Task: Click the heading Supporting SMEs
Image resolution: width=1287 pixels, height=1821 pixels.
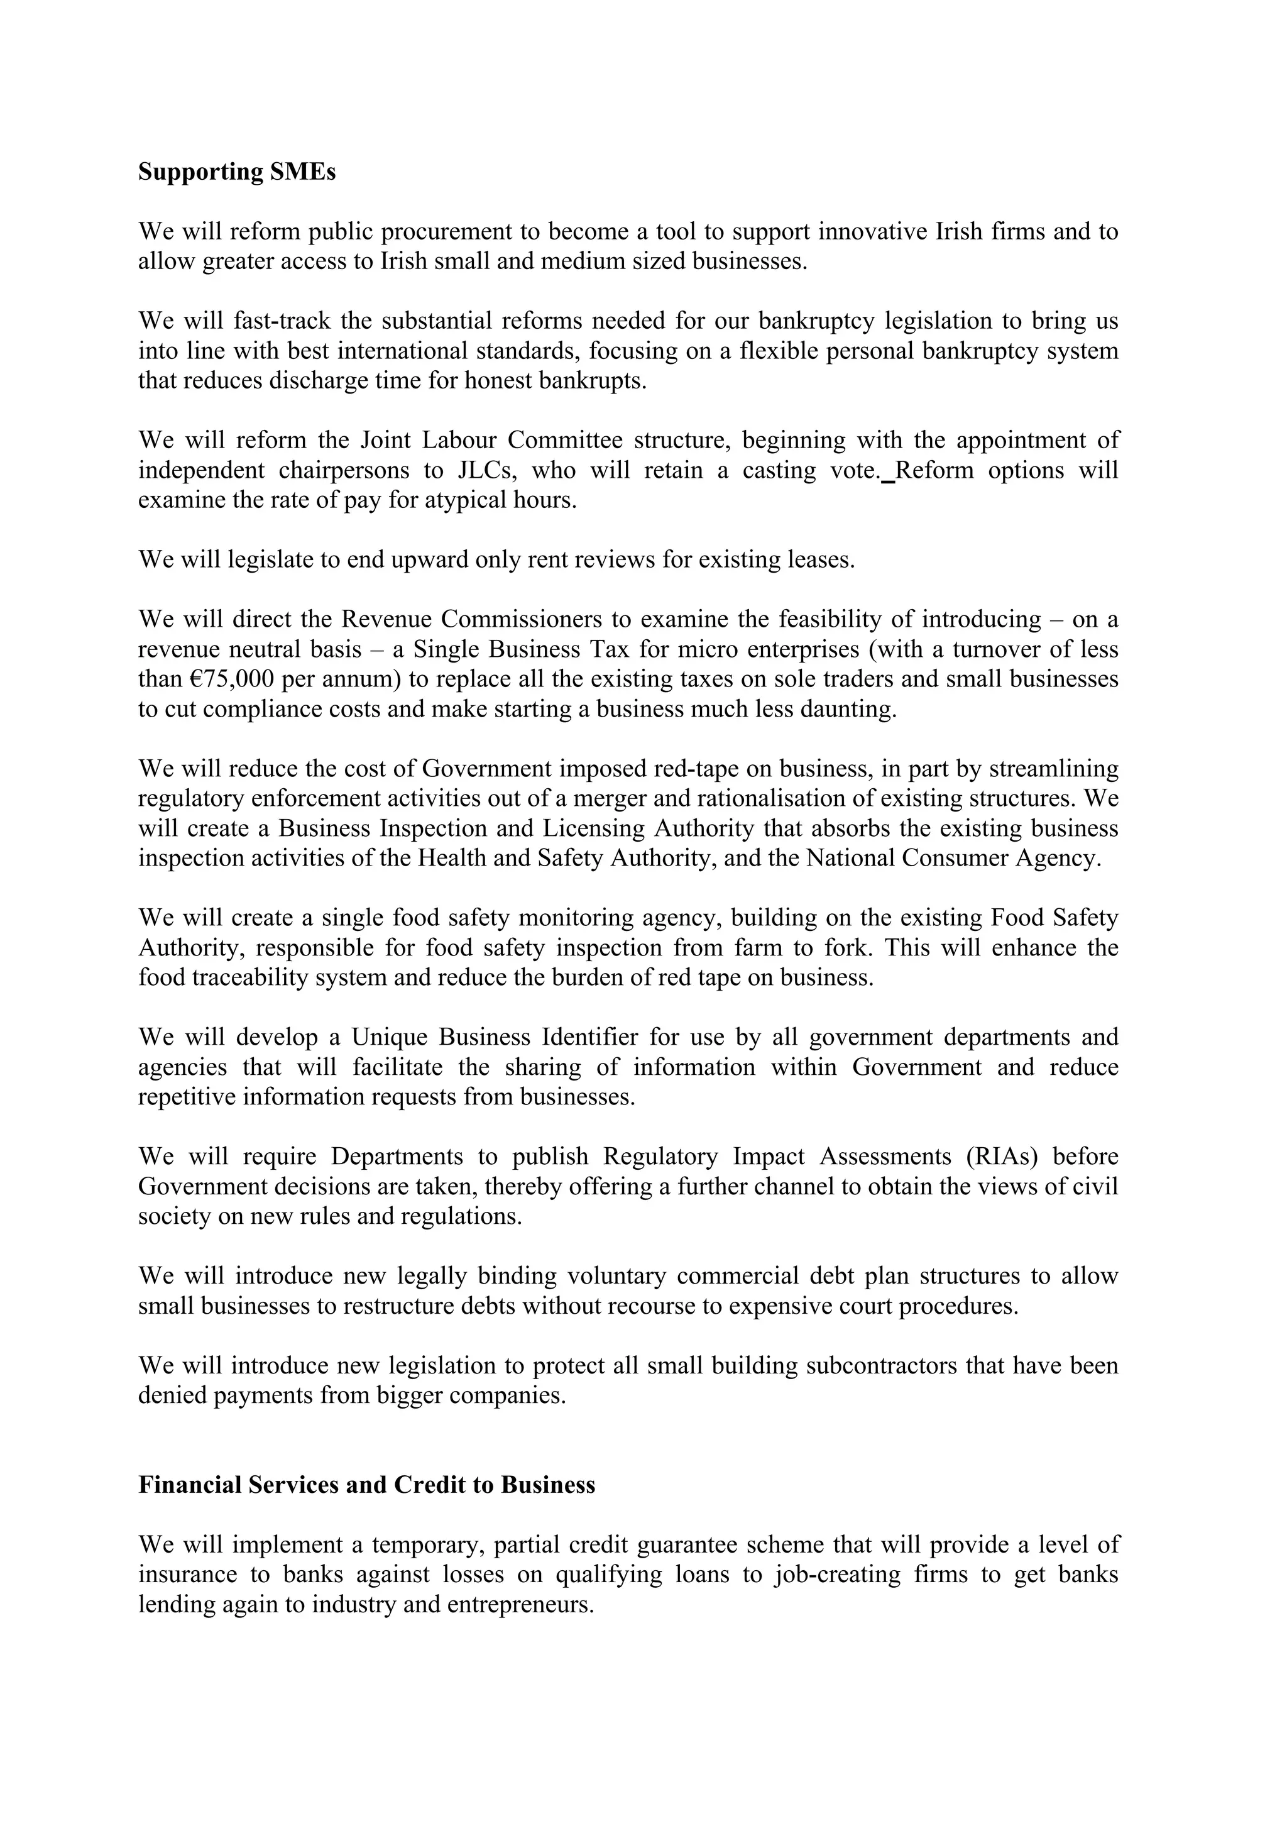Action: point(236,172)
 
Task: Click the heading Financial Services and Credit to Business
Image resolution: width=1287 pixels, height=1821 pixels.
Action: point(366,1485)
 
